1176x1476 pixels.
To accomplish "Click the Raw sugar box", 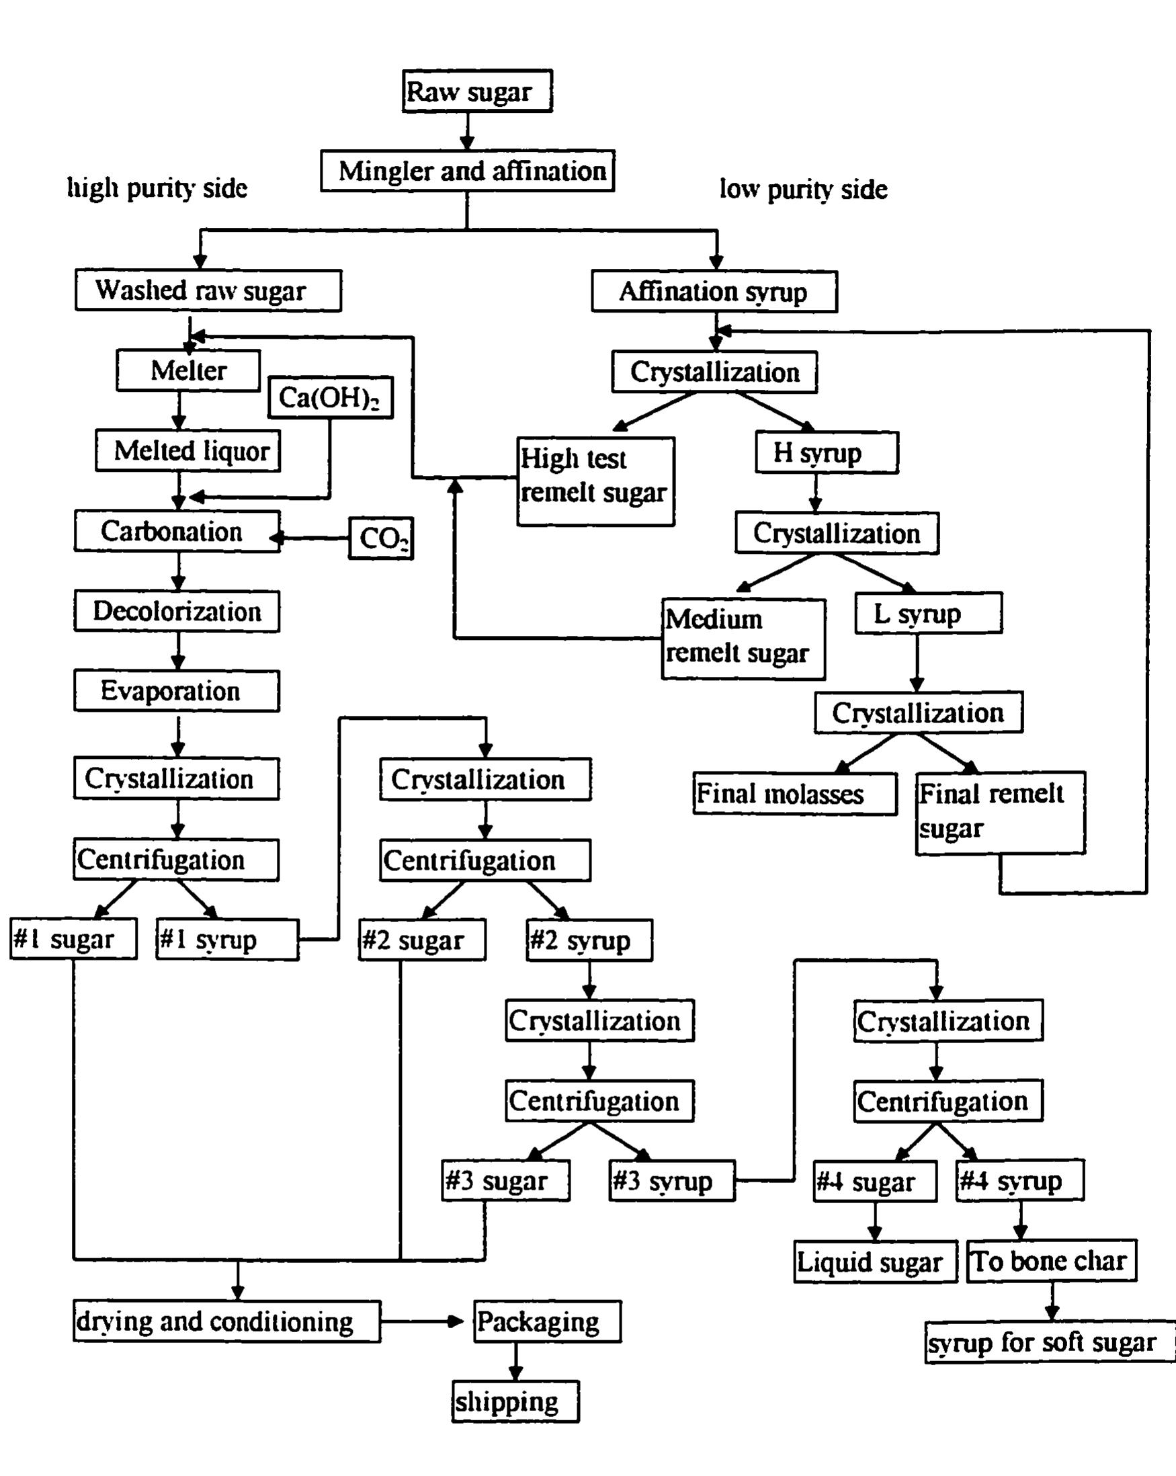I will pos(477,91).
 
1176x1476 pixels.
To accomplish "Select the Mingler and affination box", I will pos(468,171).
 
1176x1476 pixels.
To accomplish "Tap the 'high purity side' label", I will pos(157,188).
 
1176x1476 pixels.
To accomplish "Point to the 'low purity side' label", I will pos(803,189).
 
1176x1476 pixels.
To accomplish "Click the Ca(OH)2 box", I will pos(331,397).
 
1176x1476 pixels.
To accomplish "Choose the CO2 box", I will pos(380,538).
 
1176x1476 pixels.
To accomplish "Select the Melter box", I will pos(188,370).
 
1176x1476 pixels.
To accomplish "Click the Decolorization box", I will pos(177,611).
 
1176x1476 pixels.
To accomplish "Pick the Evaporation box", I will pos(177,691).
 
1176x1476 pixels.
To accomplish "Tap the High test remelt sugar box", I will pos(595,481).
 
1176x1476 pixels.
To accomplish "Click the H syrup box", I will pos(827,452).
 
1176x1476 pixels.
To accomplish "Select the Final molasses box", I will pos(795,794).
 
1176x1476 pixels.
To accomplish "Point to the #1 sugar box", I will pos(73,938).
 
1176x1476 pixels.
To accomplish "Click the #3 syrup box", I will pos(671,1181).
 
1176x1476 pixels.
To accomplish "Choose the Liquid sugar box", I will pos(875,1262).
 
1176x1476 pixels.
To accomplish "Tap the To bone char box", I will pos(1052,1261).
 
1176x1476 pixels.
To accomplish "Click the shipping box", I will pos(515,1401).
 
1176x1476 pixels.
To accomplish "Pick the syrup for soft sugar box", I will pos(1049,1342).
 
